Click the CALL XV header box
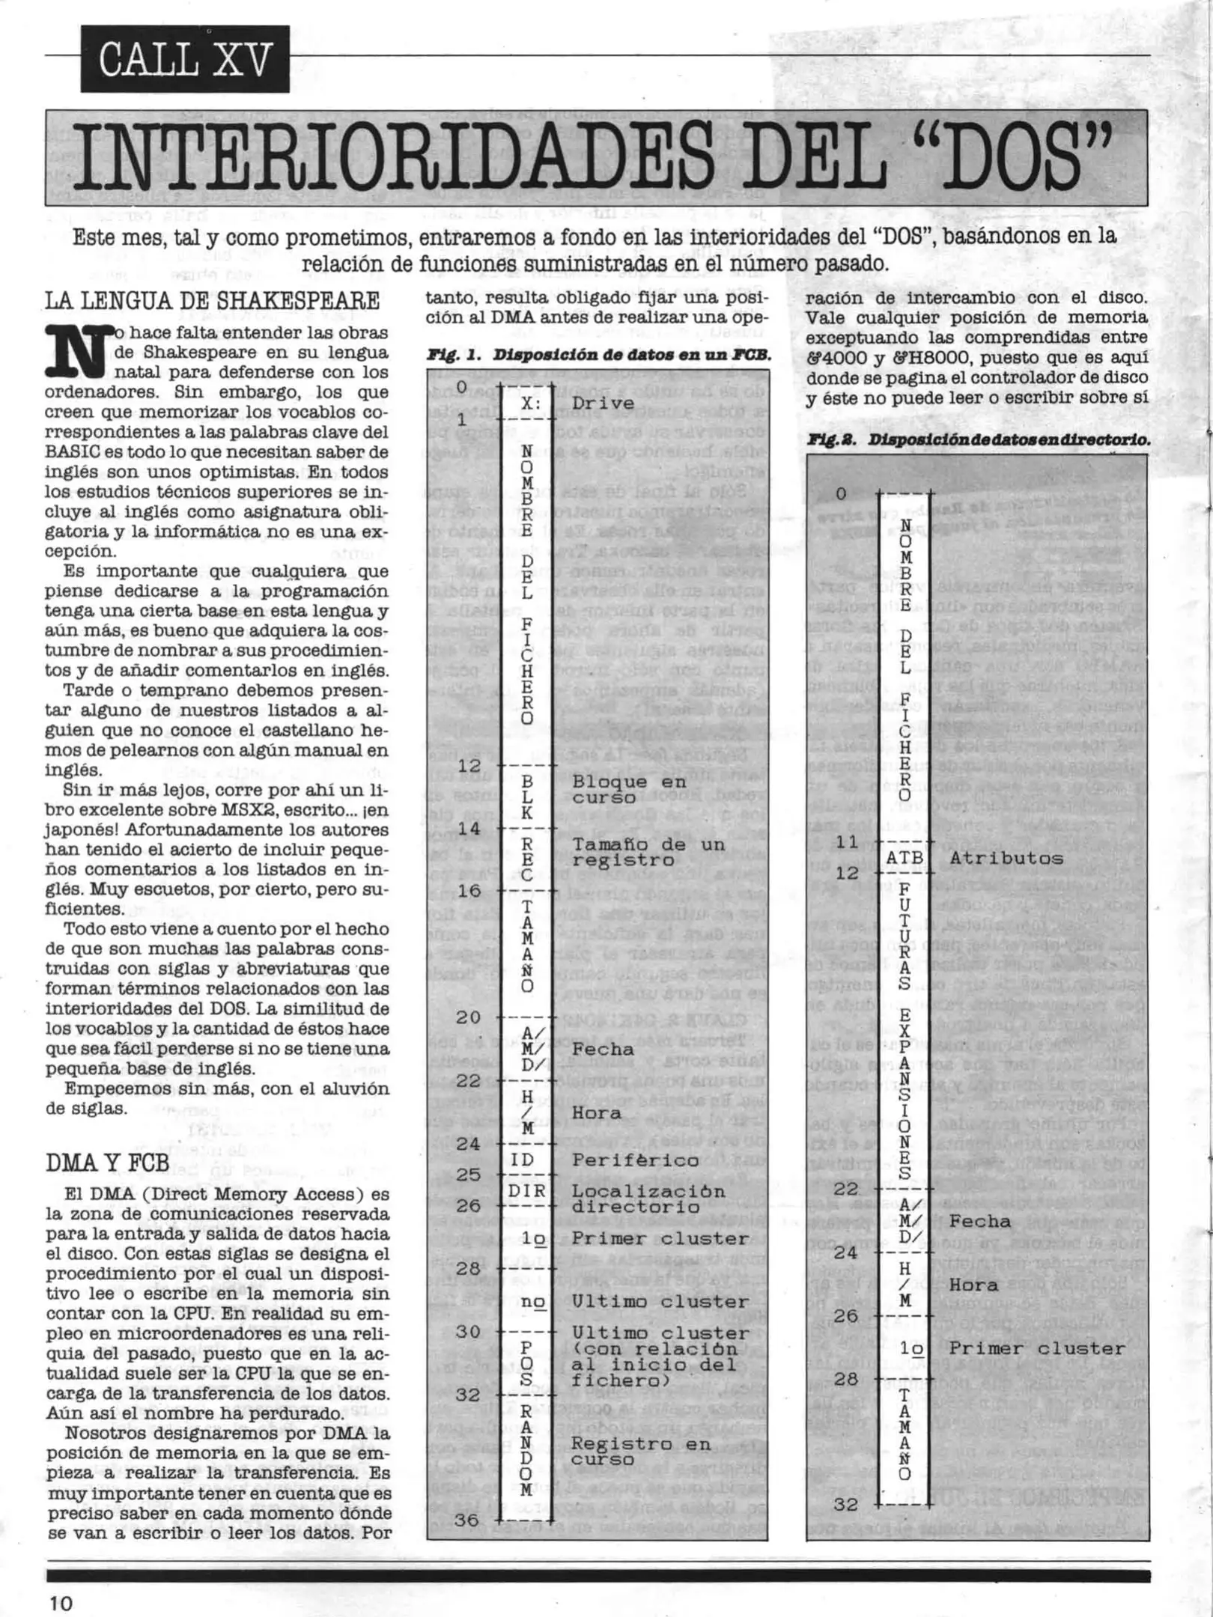pyautogui.click(x=185, y=59)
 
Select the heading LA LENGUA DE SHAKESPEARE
pyautogui.click(x=213, y=301)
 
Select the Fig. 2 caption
pyautogui.click(x=978, y=440)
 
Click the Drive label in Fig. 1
pyautogui.click(x=604, y=403)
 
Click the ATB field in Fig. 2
pyautogui.click(x=905, y=858)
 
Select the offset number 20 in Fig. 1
pyautogui.click(x=468, y=1017)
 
